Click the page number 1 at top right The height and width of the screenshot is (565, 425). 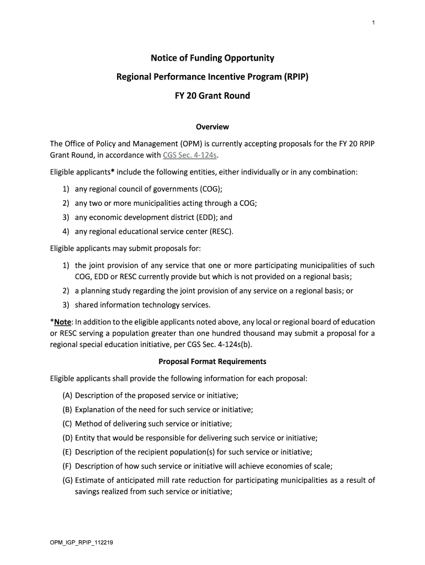tap(373, 22)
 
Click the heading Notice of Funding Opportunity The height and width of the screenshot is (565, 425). tap(212, 58)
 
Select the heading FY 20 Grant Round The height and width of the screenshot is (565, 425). tap(212, 95)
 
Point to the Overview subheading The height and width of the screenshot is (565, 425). tap(212, 127)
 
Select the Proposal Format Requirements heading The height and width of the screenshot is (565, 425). tap(212, 361)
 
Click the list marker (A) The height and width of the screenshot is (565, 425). tap(67, 396)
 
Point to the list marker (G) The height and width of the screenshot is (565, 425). tap(68, 480)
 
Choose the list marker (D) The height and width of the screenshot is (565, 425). tap(68, 438)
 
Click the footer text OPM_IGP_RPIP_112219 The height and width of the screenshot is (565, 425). tap(82, 542)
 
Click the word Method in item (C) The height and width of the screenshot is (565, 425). tap(89, 424)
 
